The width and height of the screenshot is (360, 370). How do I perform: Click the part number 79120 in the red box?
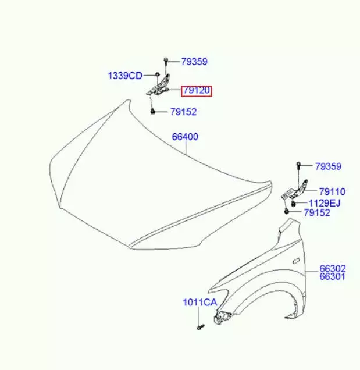point(197,90)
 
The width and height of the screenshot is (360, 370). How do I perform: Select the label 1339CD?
point(125,76)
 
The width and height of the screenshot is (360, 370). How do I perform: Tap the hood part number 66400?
point(185,137)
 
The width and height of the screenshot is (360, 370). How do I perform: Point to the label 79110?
point(332,191)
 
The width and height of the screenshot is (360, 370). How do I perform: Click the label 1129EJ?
point(325,203)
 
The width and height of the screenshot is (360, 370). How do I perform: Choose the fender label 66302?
point(333,269)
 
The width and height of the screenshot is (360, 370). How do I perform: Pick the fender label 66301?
point(333,276)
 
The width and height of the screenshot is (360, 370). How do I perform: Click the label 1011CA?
point(200,303)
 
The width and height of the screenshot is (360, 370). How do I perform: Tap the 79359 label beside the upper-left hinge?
point(194,62)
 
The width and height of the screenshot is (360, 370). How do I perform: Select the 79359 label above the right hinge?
point(328,166)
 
